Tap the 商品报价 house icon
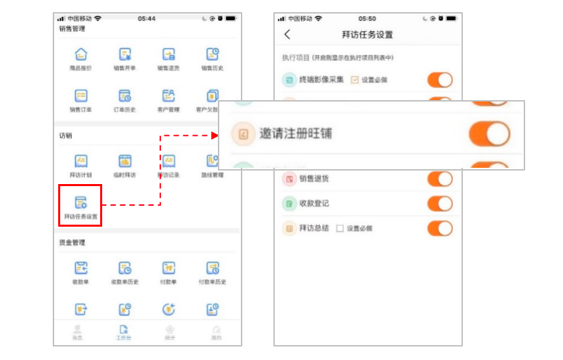pos(81,54)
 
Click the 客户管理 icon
pos(168,95)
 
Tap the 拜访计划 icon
pos(81,161)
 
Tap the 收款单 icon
pos(81,268)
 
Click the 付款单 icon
pos(168,268)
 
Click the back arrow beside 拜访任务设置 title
pos(288,35)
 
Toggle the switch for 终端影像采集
pos(440,80)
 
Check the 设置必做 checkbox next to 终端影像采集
pos(355,80)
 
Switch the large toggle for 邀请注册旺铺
pos(489,134)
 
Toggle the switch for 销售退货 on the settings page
pos(440,179)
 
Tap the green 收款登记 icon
pos(289,204)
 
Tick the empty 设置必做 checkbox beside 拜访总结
pos(340,228)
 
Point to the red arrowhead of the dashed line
pos(215,135)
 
